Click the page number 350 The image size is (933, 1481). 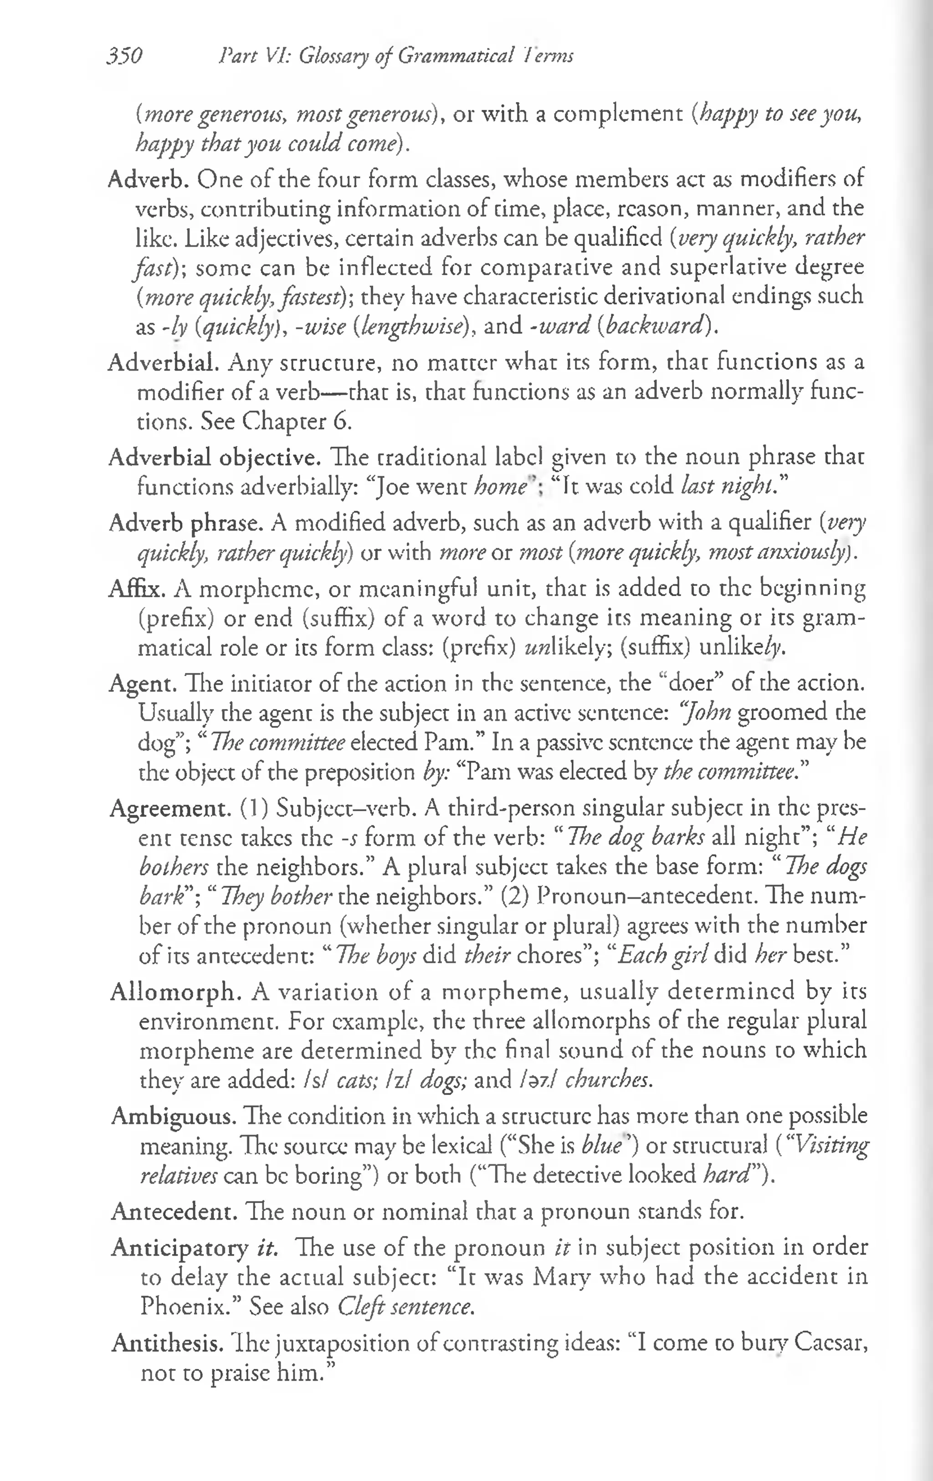click(124, 56)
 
